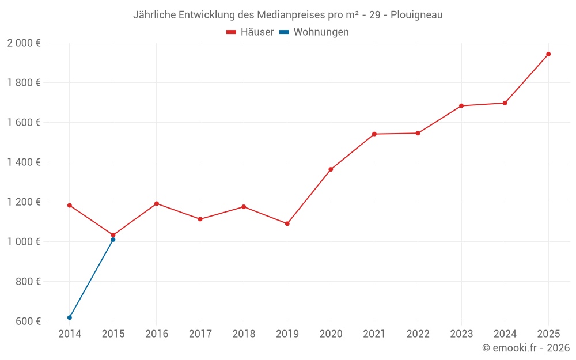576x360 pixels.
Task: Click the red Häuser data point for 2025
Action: click(548, 54)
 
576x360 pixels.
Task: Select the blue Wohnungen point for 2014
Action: click(70, 317)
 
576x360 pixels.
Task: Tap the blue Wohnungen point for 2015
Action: click(113, 240)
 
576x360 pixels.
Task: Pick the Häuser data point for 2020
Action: click(331, 169)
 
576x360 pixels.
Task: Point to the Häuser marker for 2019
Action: click(287, 223)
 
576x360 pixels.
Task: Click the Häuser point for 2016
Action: click(157, 203)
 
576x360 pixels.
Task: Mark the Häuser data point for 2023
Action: click(461, 106)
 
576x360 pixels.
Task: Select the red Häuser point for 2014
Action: click(70, 205)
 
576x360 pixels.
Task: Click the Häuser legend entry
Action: click(250, 32)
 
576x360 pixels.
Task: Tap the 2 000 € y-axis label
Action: click(24, 43)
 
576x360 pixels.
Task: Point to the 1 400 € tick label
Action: click(24, 162)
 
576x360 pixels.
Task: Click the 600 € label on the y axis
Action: click(27, 321)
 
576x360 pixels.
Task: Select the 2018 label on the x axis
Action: click(244, 334)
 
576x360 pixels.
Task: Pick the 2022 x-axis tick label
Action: click(418, 334)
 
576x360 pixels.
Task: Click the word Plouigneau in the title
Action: click(416, 15)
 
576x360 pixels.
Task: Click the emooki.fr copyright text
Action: click(526, 348)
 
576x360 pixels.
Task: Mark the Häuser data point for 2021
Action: click(374, 134)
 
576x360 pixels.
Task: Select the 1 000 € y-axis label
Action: click(24, 242)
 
